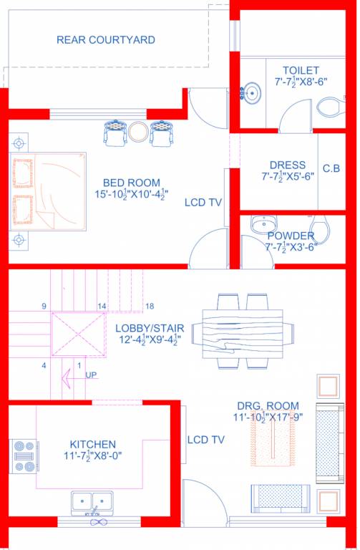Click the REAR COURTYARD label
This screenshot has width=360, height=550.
pos(106,40)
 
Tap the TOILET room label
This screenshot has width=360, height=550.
pos(300,71)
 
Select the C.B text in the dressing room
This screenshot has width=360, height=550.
pos(331,169)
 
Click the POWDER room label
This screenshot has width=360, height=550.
pos(291,236)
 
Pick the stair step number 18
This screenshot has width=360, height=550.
pos(149,307)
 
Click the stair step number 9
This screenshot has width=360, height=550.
pos(44,307)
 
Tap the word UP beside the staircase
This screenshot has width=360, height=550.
pos(92,375)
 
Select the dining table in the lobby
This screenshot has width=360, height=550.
pos(247,330)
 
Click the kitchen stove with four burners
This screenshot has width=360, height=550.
pos(24,455)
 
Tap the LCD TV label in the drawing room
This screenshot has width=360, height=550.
pos(206,439)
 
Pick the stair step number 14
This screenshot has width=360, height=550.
pos(102,307)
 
